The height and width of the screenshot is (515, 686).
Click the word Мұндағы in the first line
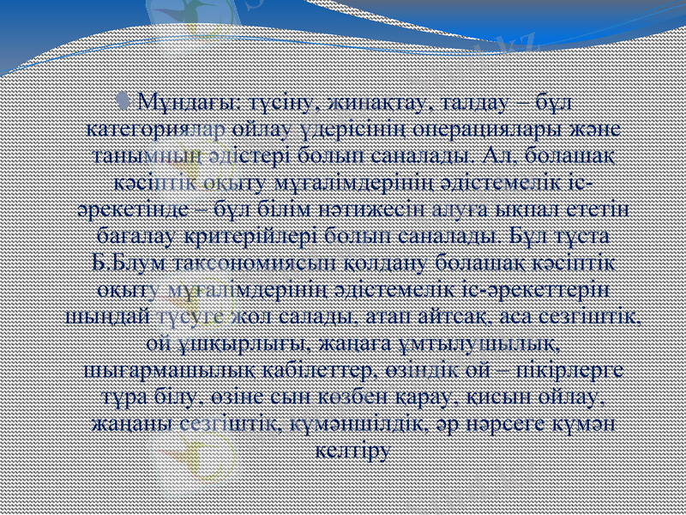(178, 105)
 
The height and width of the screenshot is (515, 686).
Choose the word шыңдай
(106, 318)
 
